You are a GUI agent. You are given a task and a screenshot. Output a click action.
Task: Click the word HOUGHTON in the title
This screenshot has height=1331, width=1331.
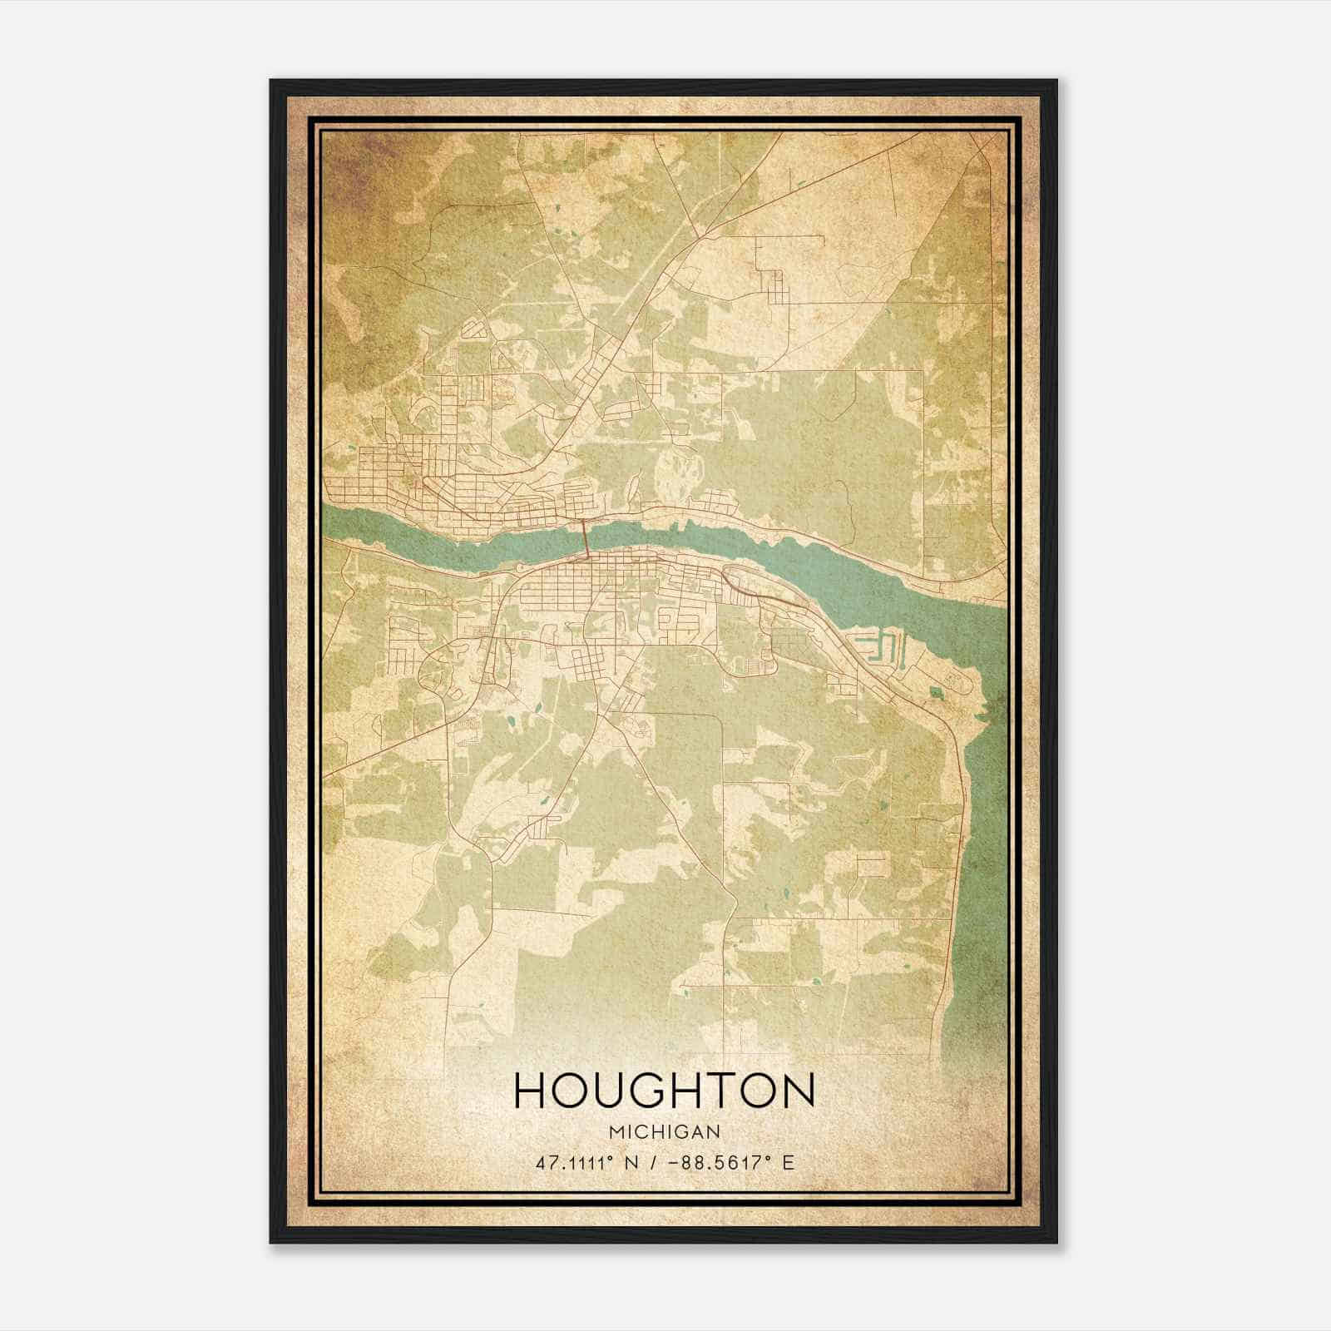click(x=665, y=1091)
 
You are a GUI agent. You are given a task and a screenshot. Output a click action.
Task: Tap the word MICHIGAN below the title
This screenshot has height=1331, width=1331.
click(x=665, y=1132)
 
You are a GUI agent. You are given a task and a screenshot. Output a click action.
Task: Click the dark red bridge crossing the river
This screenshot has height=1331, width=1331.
click(x=586, y=537)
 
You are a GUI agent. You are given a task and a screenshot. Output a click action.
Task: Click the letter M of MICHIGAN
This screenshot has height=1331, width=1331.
click(x=616, y=1132)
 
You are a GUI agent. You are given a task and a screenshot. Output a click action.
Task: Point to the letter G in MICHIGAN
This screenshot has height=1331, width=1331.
click(x=680, y=1132)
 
